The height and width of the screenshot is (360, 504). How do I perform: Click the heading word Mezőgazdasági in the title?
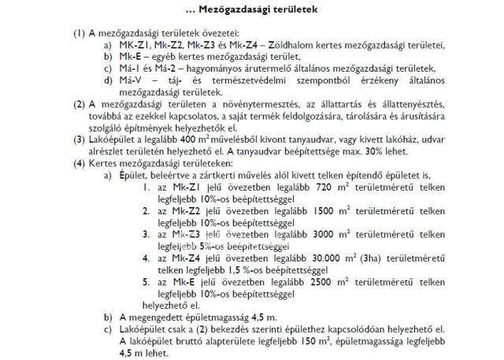click(x=231, y=9)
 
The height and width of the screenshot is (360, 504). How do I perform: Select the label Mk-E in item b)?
click(x=129, y=58)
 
